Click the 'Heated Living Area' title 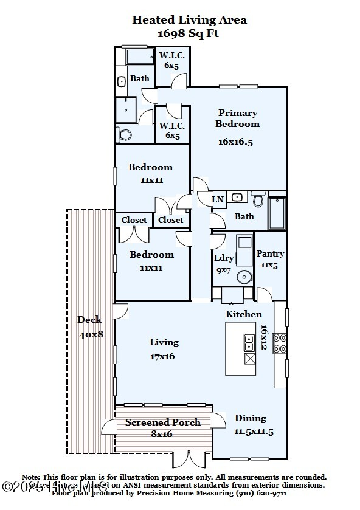[189, 20]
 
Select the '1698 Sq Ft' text [189, 33]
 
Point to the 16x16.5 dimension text [235, 142]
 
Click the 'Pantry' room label [271, 253]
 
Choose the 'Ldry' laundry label [224, 258]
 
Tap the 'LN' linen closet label [217, 199]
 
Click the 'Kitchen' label [244, 314]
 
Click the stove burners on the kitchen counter [279, 343]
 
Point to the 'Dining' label [251, 418]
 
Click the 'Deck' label [89, 320]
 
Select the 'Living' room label [164, 342]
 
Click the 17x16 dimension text [162, 356]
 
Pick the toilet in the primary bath [125, 134]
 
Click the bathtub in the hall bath [277, 213]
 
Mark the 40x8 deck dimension [91, 335]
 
